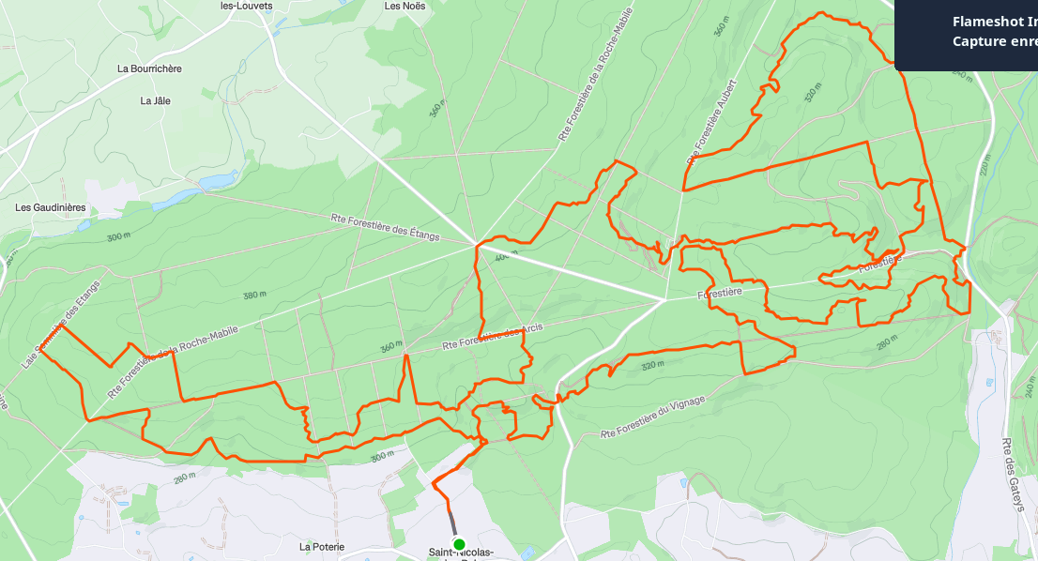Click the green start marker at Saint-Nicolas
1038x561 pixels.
(459, 544)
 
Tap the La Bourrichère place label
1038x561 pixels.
(149, 68)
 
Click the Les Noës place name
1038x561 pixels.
(405, 6)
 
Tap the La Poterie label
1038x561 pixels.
(322, 546)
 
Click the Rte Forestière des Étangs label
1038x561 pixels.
(386, 228)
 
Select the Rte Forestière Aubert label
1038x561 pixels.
(712, 122)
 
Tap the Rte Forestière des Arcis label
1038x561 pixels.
(494, 337)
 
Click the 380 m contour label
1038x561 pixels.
(255, 296)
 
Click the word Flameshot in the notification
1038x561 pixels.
(980, 22)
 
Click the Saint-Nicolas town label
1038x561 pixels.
(460, 553)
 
